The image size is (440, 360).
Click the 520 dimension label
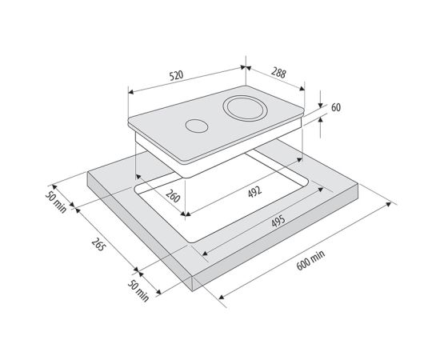[177, 75]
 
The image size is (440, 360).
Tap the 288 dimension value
[278, 73]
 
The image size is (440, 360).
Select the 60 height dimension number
[336, 107]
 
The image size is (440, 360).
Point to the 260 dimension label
[173, 196]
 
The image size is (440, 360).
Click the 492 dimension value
[254, 192]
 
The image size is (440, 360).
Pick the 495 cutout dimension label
[278, 221]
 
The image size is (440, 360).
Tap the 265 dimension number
[98, 244]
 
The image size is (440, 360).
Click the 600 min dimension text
[310, 260]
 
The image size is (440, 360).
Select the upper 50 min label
[56, 202]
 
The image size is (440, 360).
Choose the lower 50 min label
[138, 291]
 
